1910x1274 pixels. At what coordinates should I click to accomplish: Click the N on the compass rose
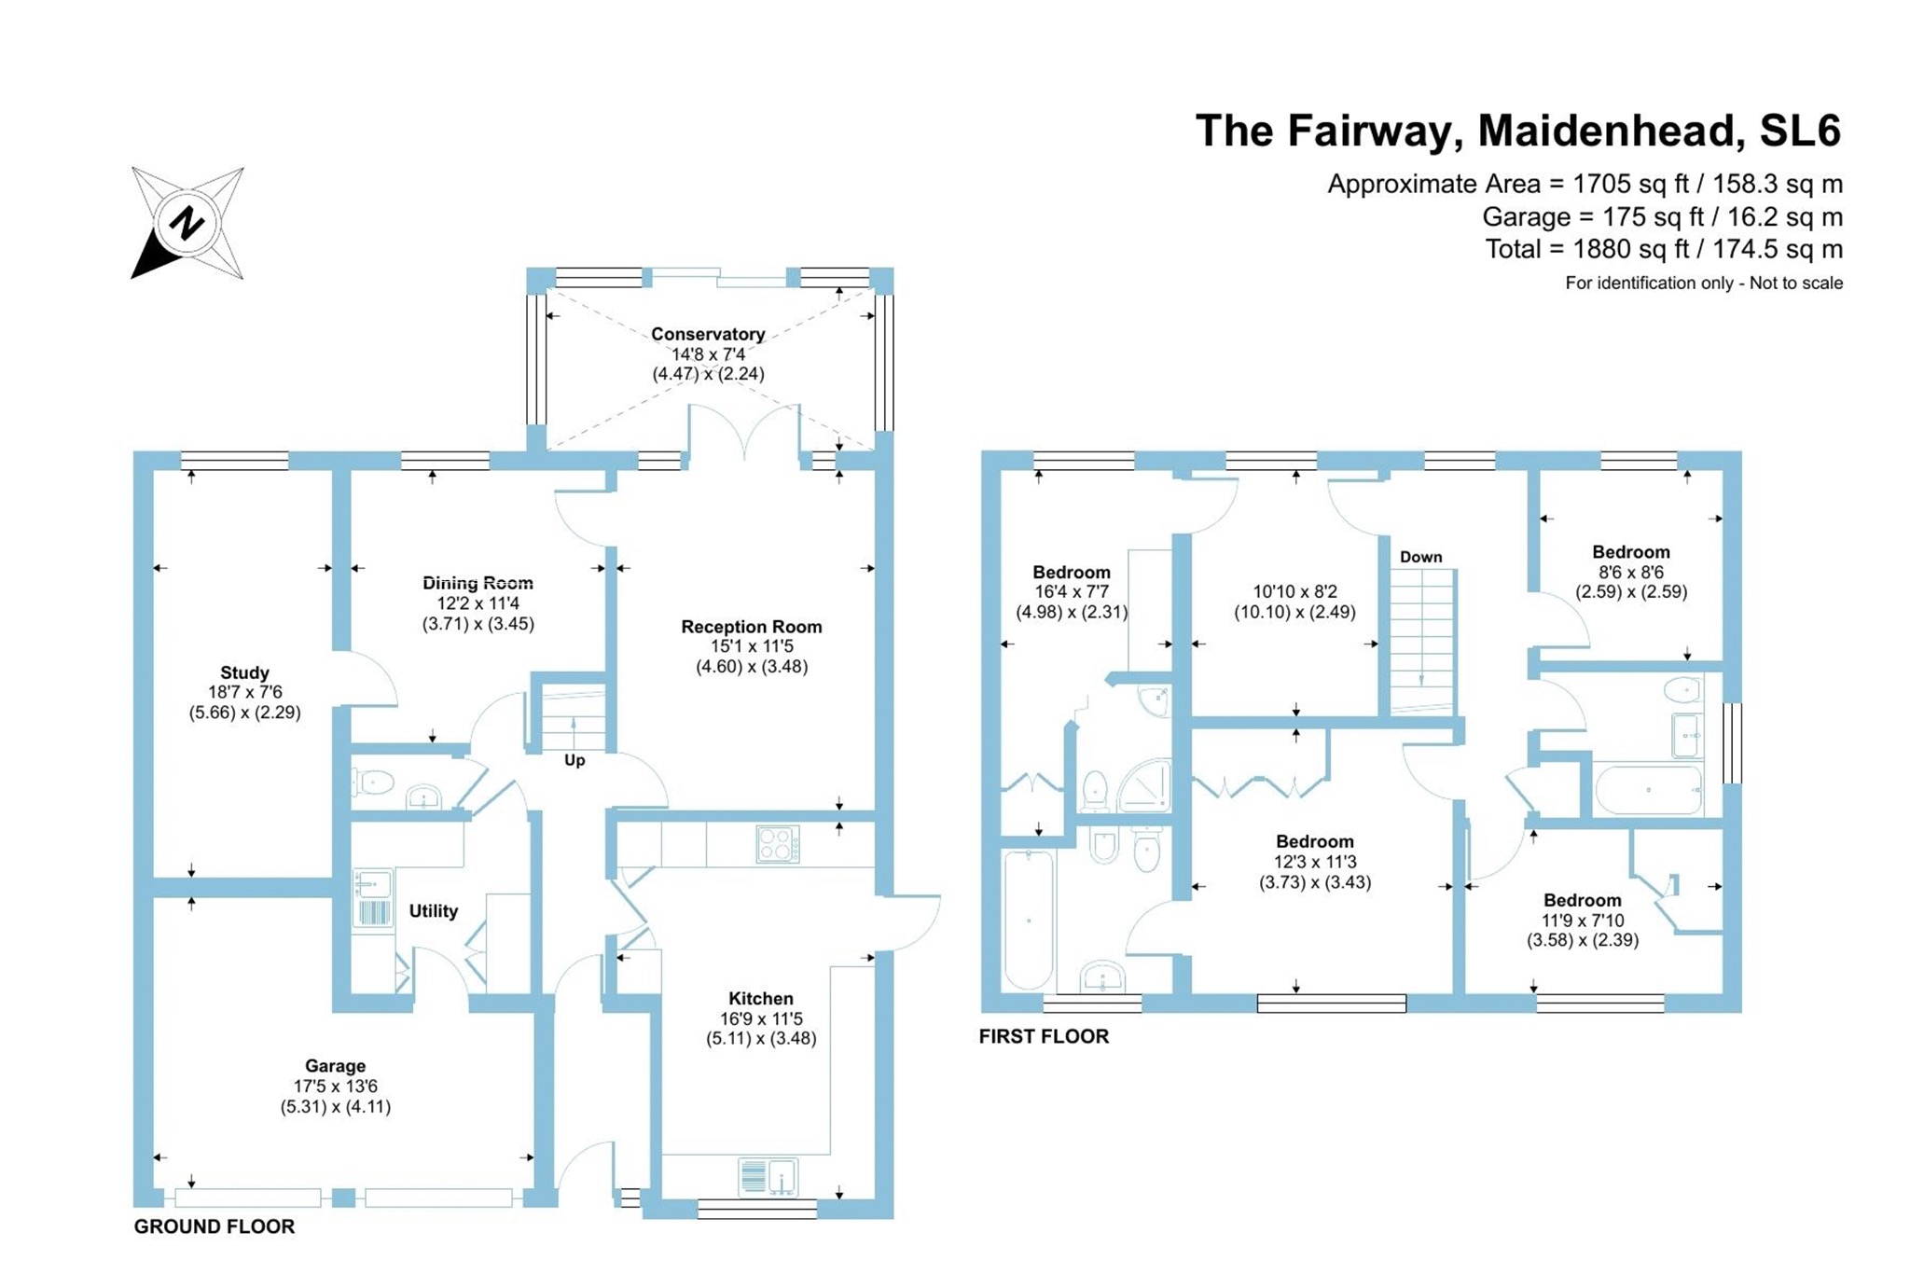(187, 224)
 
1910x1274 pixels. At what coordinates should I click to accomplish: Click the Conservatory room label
(708, 334)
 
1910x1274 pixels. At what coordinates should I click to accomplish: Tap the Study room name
(244, 672)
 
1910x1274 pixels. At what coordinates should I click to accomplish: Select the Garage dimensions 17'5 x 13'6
(336, 1087)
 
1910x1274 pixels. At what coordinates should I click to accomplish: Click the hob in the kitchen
(778, 845)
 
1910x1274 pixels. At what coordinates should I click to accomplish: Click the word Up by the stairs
(574, 760)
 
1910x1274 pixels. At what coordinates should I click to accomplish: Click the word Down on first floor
(1420, 557)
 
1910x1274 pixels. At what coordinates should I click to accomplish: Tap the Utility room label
(434, 910)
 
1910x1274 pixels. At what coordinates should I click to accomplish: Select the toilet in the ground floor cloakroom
(374, 782)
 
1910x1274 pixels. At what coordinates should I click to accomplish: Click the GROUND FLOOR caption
(215, 1226)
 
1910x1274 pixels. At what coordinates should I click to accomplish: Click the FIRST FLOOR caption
(1044, 1036)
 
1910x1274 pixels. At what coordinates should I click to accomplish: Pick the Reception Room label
(751, 627)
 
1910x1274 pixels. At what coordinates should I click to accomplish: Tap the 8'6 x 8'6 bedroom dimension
(1630, 572)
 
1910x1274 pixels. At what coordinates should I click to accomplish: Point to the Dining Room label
(477, 583)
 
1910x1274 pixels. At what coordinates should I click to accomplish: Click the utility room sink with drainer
(372, 898)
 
